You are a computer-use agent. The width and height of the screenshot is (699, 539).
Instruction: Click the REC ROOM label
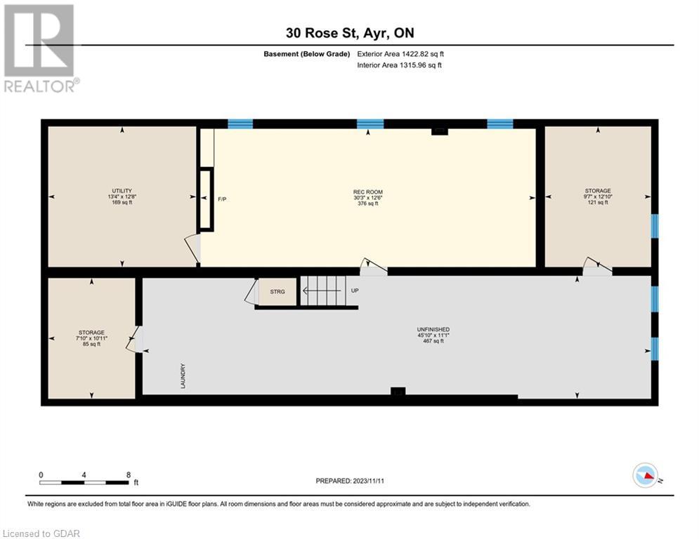point(368,192)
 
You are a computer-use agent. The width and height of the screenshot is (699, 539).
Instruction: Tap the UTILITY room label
point(122,191)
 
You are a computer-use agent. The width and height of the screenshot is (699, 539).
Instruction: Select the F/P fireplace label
point(222,199)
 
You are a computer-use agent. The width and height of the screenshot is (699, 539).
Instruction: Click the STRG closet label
point(277,292)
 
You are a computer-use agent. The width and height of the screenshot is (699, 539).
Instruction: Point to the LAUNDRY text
point(183,376)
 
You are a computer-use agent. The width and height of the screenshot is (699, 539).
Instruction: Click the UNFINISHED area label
point(433,330)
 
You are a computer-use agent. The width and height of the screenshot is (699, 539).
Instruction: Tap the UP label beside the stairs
point(355,291)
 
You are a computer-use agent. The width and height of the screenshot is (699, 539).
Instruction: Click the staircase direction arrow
point(322,291)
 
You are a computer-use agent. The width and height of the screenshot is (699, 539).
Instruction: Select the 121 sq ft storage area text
point(598,202)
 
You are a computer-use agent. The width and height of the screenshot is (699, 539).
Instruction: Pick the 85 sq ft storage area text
point(92,344)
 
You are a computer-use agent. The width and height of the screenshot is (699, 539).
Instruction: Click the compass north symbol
point(646,475)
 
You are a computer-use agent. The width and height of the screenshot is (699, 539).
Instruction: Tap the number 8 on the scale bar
point(129,475)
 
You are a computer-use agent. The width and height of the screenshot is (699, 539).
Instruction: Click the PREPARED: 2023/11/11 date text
point(350,481)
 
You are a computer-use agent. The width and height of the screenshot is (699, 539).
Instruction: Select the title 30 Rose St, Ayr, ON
point(350,33)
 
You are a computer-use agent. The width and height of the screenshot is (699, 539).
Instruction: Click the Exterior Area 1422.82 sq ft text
point(400,54)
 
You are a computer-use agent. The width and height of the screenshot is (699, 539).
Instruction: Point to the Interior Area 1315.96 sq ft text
point(400,65)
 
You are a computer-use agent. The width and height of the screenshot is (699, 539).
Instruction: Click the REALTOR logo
point(41,48)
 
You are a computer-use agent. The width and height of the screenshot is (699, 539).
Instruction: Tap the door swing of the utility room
point(192,248)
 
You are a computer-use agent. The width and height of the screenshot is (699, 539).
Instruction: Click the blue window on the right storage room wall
point(655,226)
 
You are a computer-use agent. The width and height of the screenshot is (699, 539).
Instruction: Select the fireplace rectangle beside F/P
point(206,199)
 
